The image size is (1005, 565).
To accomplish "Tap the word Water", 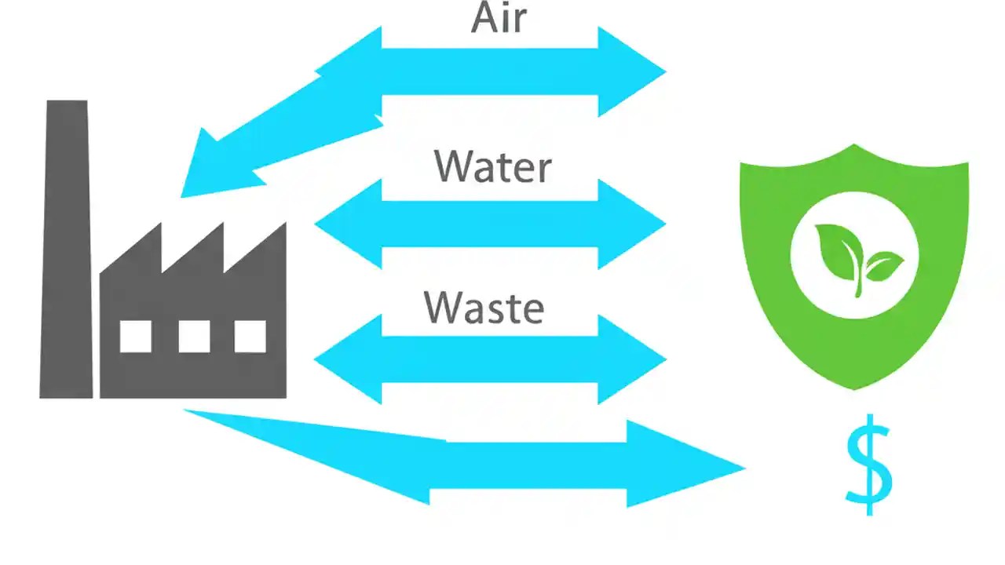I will (x=493, y=166).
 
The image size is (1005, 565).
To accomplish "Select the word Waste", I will (x=484, y=307).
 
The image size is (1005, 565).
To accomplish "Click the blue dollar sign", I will (x=869, y=465).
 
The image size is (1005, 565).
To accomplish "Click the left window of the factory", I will (x=135, y=337).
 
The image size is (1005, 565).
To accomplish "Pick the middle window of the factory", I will (x=194, y=337).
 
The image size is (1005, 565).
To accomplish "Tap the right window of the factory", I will (x=250, y=337).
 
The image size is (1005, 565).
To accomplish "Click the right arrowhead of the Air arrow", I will (x=633, y=71).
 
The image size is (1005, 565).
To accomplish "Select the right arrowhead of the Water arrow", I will (x=633, y=224).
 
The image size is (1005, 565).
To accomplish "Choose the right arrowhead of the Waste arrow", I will (x=633, y=360).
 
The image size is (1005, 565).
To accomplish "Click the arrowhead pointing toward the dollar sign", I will (x=683, y=465).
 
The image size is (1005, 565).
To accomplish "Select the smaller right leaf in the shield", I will (x=883, y=265).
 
